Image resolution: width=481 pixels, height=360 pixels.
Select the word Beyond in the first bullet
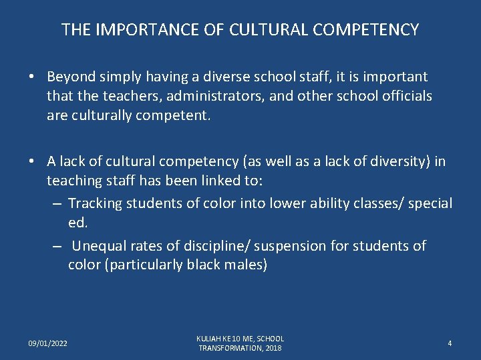coord(70,77)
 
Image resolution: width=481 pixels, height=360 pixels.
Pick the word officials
coord(404,96)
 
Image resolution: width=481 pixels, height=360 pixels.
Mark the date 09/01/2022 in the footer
coord(47,343)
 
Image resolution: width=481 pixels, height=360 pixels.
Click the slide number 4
coord(450,343)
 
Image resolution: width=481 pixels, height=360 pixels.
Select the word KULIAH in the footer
coord(209,339)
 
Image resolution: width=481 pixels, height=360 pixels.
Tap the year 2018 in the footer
coord(273,348)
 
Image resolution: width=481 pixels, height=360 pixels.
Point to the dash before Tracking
coord(57,203)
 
